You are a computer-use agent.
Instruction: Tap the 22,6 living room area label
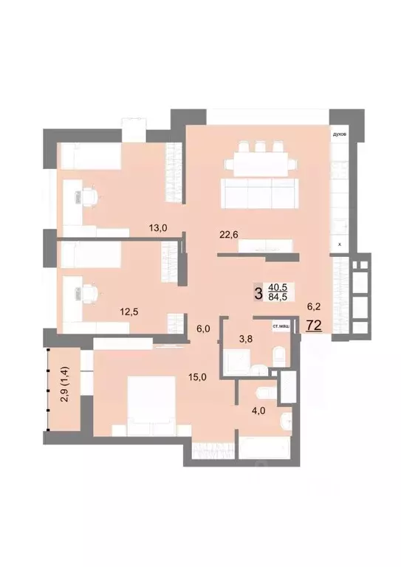coord(230,236)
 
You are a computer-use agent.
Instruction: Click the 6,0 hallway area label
coord(203,329)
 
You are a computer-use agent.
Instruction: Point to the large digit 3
coord(258,293)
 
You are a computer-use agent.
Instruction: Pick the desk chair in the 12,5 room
coord(89,293)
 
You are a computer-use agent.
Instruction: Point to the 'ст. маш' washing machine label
coord(281,326)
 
